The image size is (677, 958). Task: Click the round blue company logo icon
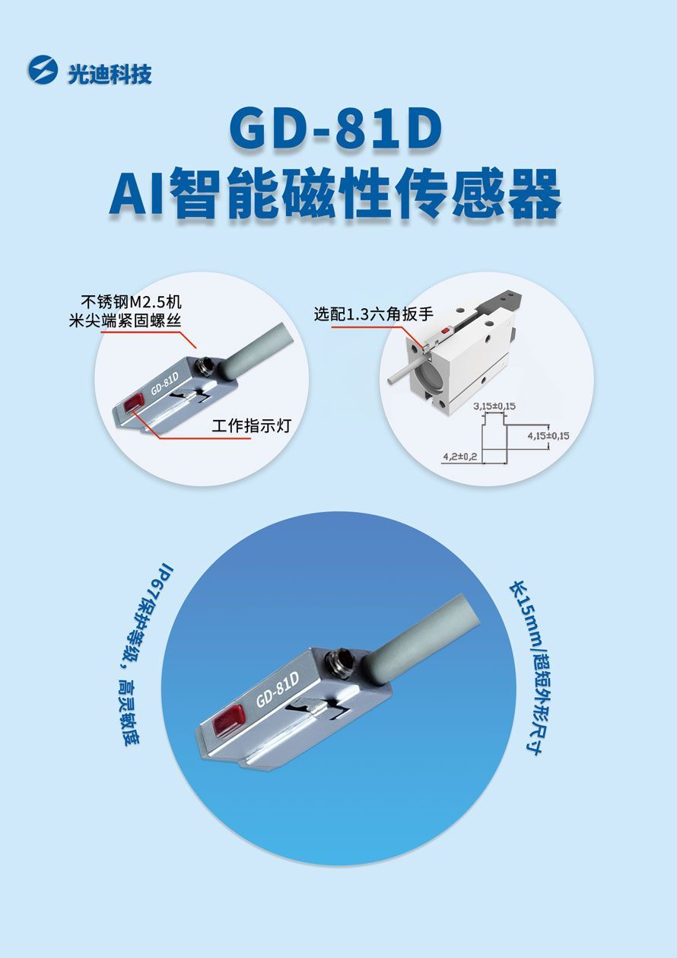(43, 70)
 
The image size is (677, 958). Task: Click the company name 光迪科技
(110, 75)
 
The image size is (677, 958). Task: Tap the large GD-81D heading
(335, 129)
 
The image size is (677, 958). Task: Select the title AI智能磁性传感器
(335, 193)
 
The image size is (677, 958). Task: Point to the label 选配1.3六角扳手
(373, 314)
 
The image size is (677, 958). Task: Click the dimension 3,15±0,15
(494, 406)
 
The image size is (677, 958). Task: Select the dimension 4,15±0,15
(548, 436)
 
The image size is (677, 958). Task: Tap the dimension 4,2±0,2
(459, 457)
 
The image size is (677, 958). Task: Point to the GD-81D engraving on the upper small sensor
(164, 384)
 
